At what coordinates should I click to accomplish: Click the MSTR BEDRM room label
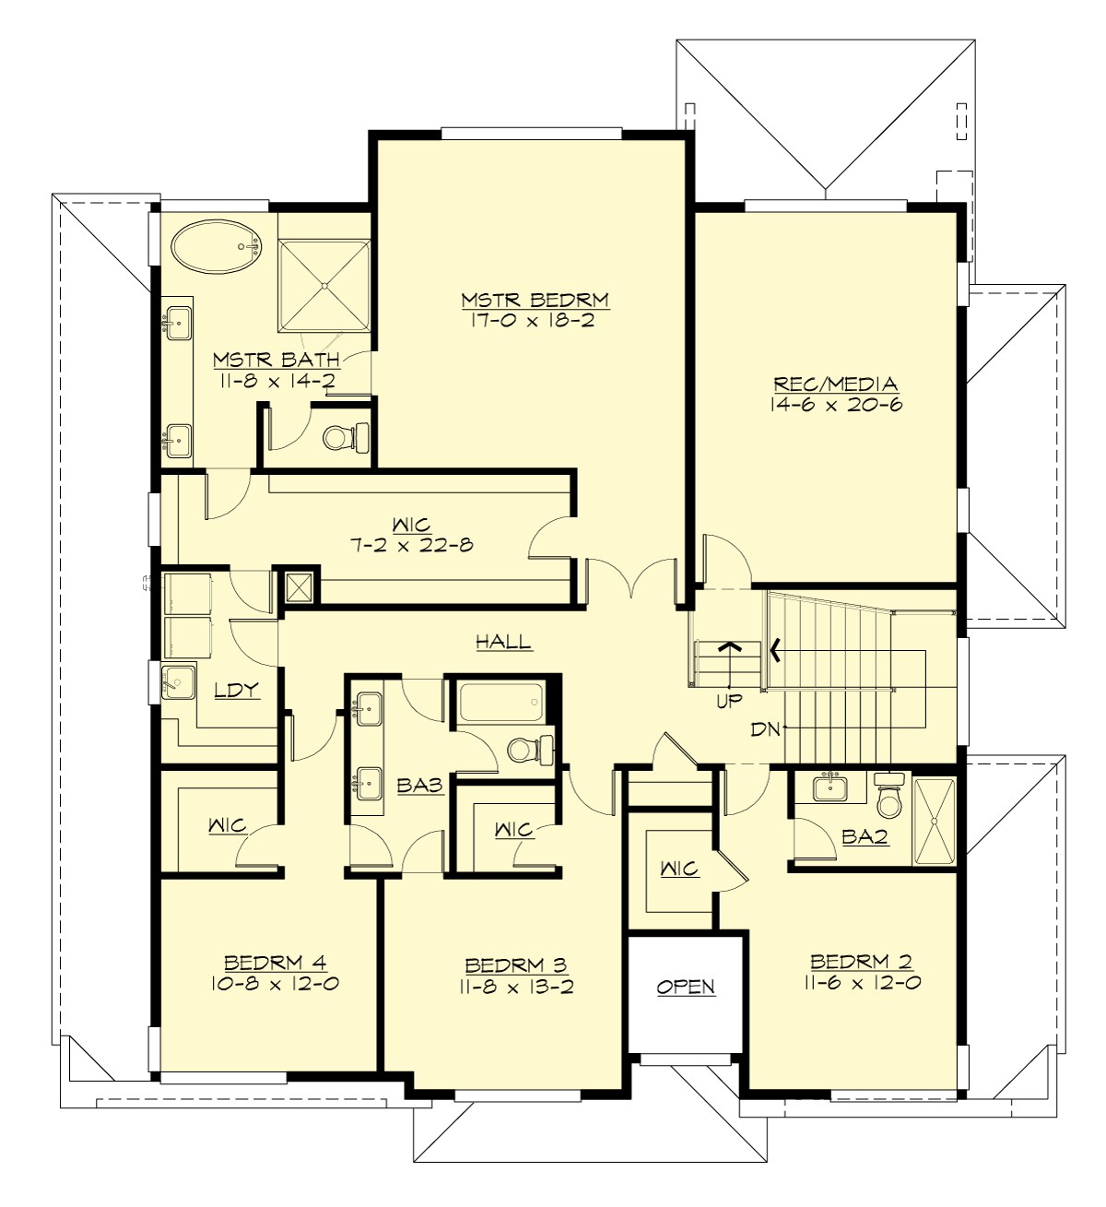535,300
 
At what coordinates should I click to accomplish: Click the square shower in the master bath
324,284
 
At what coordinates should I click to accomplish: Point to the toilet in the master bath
345,436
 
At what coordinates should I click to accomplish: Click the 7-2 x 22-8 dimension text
411,545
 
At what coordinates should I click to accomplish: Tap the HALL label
503,642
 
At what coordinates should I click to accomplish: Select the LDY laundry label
236,690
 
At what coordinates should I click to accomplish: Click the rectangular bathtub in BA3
499,704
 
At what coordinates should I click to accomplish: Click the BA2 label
865,836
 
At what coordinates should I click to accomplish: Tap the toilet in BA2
889,799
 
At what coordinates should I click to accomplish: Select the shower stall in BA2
935,820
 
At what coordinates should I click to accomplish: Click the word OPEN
686,987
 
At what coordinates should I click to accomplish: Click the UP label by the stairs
729,701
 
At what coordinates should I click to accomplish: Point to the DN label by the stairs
765,729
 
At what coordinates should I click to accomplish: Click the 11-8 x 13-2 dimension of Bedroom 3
515,987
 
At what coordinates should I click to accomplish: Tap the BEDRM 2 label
861,962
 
